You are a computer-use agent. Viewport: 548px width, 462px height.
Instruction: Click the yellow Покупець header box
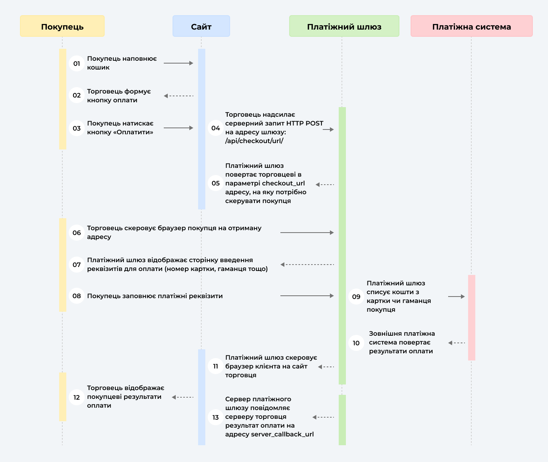62,26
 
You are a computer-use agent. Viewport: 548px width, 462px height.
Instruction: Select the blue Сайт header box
201,26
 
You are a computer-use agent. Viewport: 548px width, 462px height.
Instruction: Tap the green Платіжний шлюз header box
344,26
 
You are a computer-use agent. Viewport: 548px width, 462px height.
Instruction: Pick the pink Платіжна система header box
472,26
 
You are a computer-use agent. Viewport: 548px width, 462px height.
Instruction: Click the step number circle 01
77,63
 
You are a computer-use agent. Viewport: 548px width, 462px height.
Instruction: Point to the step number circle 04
216,128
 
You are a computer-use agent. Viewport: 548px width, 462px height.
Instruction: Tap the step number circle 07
77,265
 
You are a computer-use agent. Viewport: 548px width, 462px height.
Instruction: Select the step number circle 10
356,343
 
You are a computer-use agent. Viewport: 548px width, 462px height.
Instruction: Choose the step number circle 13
216,417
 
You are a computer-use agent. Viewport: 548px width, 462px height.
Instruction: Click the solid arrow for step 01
179,63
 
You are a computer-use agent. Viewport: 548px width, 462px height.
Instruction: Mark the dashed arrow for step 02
179,96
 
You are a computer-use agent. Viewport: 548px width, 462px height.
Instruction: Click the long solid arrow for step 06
307,233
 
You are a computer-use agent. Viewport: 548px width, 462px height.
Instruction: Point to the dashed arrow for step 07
307,265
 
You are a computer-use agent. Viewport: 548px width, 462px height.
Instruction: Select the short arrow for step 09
457,297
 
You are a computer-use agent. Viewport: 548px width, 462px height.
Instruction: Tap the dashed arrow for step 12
183,397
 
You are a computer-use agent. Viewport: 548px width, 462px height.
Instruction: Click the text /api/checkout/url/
254,141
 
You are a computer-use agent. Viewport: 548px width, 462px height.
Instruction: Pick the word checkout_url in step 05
284,183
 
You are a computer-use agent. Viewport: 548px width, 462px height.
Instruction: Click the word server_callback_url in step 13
282,434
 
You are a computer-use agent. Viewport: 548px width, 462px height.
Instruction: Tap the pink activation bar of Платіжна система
472,318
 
